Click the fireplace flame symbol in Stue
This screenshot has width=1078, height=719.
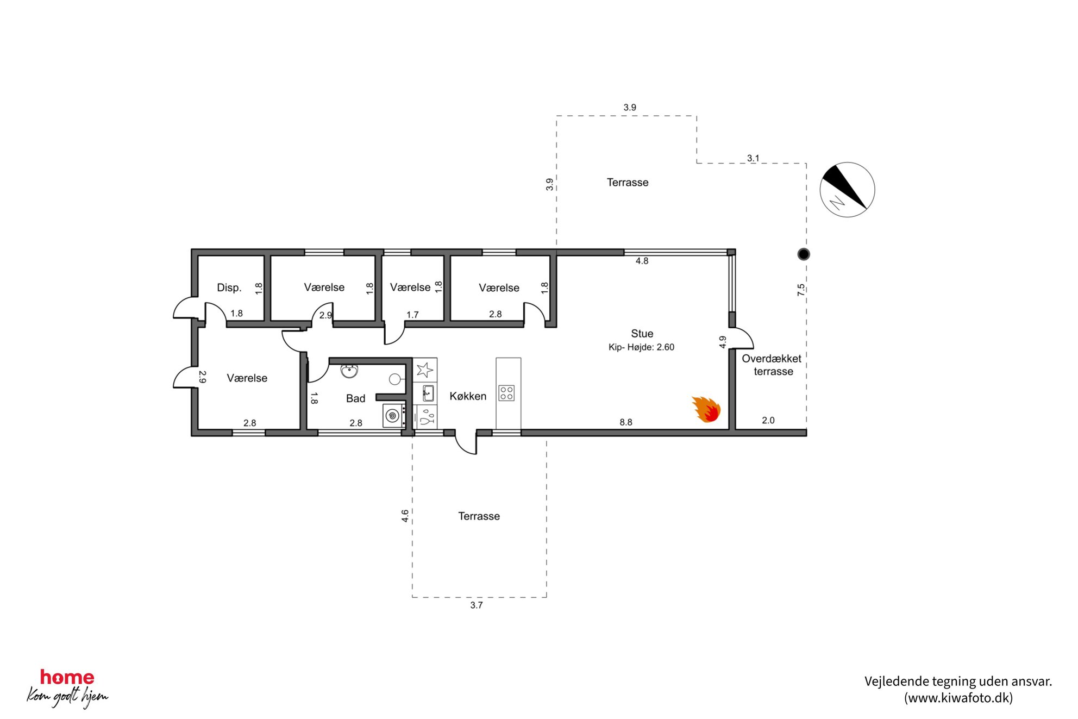pyautogui.click(x=706, y=409)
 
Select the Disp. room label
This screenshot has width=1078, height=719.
pyautogui.click(x=229, y=287)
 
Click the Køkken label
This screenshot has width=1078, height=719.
pyautogui.click(x=468, y=396)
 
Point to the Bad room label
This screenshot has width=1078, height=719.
pyautogui.click(x=356, y=398)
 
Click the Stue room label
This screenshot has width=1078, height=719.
pyautogui.click(x=642, y=334)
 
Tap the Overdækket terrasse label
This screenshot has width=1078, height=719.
pyautogui.click(x=772, y=365)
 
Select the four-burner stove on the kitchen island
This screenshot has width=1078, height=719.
pyautogui.click(x=506, y=393)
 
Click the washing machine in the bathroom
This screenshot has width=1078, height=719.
pyautogui.click(x=393, y=416)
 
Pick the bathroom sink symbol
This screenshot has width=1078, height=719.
pyautogui.click(x=349, y=371)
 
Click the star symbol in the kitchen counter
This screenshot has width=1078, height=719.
pyautogui.click(x=425, y=370)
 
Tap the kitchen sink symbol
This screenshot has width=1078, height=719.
pyautogui.click(x=428, y=392)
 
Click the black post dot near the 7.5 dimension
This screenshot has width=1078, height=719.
pyautogui.click(x=804, y=254)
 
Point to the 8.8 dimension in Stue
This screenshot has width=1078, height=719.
pyautogui.click(x=626, y=422)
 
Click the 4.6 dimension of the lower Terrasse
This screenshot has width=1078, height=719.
pyautogui.click(x=405, y=516)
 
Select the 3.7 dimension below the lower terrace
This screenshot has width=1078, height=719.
pyautogui.click(x=477, y=605)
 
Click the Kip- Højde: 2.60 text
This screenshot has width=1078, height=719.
pyautogui.click(x=641, y=347)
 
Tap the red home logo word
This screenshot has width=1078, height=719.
pyautogui.click(x=67, y=677)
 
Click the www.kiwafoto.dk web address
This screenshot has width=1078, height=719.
pyautogui.click(x=958, y=698)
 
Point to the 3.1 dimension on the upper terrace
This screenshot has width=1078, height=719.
pyautogui.click(x=753, y=158)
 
